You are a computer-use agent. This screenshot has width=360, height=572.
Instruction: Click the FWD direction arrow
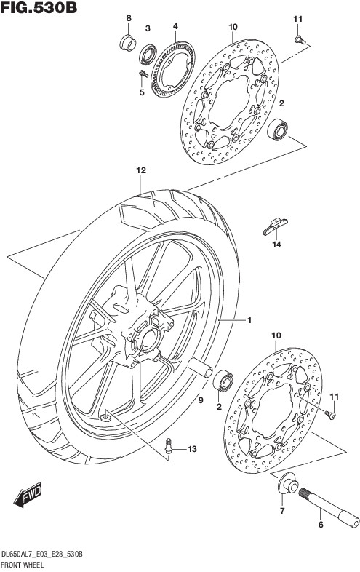28,495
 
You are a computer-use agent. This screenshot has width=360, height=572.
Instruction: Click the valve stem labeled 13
169,446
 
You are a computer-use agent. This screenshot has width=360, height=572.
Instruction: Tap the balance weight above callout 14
276,226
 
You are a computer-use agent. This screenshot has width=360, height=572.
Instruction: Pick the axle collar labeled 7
288,484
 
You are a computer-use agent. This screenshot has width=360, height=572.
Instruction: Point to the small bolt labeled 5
143,74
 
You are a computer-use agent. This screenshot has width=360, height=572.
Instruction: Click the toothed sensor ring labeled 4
172,69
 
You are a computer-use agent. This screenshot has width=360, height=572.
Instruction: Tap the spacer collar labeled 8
128,43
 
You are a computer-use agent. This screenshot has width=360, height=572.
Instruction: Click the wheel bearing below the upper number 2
277,129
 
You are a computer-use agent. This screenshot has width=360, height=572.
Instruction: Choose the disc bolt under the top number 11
300,40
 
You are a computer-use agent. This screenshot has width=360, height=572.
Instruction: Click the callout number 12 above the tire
141,170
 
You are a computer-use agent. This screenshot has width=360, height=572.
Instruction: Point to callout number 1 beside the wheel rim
249,321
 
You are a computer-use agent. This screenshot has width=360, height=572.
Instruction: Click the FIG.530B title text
39,7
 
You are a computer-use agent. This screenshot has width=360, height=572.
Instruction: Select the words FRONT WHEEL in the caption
23,565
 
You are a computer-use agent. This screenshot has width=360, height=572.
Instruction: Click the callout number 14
276,245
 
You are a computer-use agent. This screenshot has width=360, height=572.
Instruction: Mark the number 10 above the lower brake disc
276,335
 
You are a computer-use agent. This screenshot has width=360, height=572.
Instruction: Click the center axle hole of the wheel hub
149,340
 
